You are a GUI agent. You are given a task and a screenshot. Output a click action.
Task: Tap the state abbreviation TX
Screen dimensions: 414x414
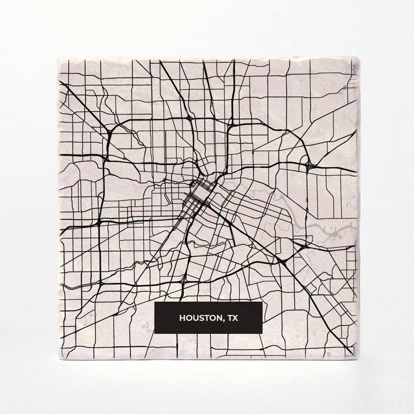233,318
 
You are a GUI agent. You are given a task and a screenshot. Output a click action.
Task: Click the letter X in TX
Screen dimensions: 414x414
236,318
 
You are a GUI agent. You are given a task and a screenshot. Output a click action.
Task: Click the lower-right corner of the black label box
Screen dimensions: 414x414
262,333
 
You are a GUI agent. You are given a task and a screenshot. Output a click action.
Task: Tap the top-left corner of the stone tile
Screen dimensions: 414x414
58,59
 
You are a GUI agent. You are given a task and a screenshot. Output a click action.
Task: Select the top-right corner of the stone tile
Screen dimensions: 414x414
359,58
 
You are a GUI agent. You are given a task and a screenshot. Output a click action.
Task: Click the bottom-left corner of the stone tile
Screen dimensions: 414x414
61,359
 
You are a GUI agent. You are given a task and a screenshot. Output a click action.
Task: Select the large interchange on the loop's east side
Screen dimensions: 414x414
310,166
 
